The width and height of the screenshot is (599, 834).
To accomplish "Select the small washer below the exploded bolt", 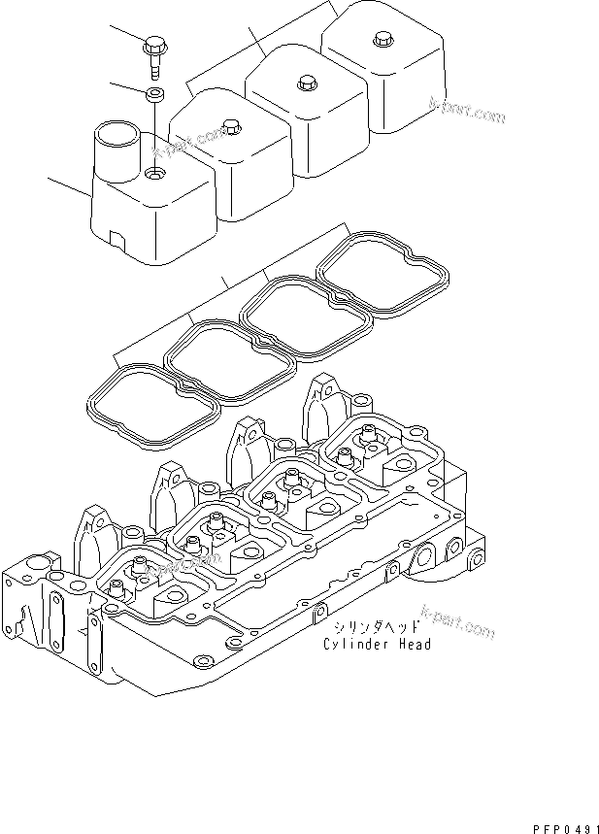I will [154, 94].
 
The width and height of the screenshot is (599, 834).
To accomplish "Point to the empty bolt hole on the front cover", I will [154, 176].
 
